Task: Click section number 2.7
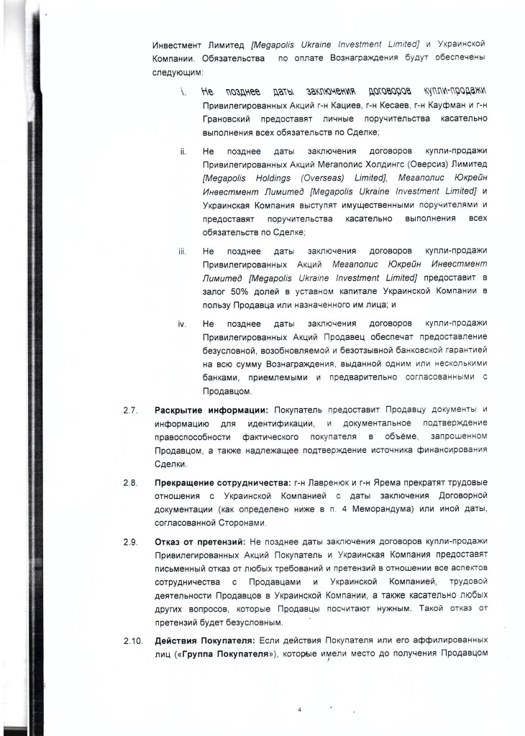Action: coord(129,410)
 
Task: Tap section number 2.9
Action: coord(129,540)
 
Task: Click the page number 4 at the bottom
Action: coord(300,709)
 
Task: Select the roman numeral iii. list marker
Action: coord(183,251)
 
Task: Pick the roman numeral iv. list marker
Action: coord(183,323)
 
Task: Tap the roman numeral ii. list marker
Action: coord(183,151)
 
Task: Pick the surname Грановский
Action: coord(230,119)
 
